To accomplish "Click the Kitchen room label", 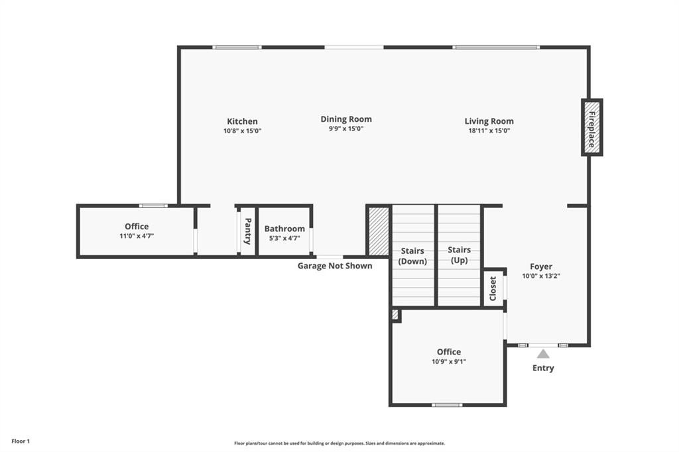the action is (x=242, y=121).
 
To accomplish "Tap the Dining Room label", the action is (x=346, y=119).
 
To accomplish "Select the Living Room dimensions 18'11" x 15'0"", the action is (x=489, y=131).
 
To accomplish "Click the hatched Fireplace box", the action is (x=592, y=127).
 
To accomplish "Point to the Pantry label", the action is (x=248, y=231).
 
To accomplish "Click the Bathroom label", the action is (x=284, y=229).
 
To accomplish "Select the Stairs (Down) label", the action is (x=412, y=256).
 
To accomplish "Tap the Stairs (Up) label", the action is (x=459, y=255).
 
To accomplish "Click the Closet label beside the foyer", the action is (x=493, y=288).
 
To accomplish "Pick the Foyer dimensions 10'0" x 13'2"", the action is (x=541, y=276).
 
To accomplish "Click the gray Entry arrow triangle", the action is (x=543, y=354).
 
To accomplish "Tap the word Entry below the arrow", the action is (x=543, y=368).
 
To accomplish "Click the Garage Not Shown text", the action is (x=335, y=266).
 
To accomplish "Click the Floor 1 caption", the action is (x=21, y=441).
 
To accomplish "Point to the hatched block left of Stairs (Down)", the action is (x=379, y=231).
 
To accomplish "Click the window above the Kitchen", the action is (x=237, y=47).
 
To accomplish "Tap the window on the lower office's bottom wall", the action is (x=448, y=405).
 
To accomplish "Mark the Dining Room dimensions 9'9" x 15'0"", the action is (x=346, y=129).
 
